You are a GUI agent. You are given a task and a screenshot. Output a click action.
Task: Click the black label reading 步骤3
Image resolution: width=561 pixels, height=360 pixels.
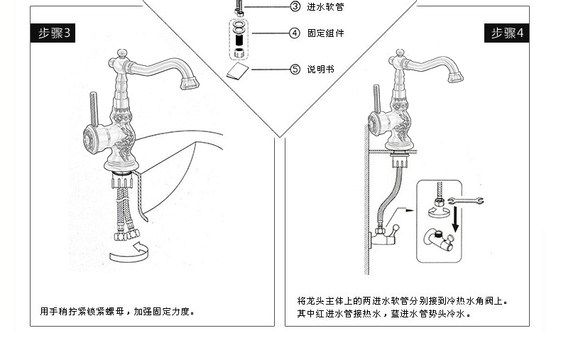pyautogui.click(x=54, y=33)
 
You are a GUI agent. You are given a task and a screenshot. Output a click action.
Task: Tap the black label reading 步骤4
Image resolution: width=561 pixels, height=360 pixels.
pyautogui.click(x=507, y=33)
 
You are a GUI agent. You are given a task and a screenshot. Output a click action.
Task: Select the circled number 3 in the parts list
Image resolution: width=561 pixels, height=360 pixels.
pyautogui.click(x=295, y=7)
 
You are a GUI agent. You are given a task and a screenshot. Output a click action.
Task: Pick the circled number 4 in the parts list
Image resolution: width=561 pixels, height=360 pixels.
pyautogui.click(x=295, y=33)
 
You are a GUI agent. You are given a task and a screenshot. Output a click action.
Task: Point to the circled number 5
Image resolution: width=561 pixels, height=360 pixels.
pyautogui.click(x=295, y=70)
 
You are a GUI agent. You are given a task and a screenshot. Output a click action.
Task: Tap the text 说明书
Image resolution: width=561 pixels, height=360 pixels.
pyautogui.click(x=321, y=70)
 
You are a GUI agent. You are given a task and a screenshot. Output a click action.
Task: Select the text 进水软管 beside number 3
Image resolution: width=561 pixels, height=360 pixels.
pyautogui.click(x=326, y=7)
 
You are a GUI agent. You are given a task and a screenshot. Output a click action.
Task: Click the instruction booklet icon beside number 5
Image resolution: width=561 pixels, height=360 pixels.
pyautogui.click(x=239, y=70)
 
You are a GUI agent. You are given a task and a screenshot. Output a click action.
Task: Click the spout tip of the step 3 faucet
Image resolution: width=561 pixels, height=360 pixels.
pyautogui.click(x=187, y=84)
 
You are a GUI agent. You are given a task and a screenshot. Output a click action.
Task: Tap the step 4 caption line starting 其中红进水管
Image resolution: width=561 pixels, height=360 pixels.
pyautogui.click(x=383, y=313)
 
